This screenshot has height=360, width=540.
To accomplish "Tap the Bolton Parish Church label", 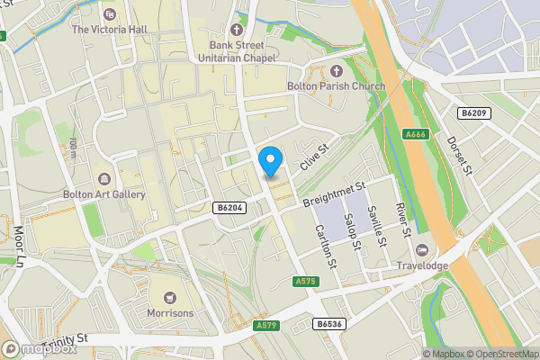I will (336, 86).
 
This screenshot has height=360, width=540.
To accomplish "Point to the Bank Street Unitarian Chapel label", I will (238, 49).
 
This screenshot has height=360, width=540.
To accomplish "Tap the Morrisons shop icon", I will (168, 296).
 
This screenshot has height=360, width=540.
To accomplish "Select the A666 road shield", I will (415, 135).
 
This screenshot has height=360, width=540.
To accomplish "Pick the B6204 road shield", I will (229, 208).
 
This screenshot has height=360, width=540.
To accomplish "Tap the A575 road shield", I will (307, 282).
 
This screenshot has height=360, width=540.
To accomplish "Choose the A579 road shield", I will (265, 325).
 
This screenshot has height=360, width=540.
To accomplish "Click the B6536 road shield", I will (328, 323).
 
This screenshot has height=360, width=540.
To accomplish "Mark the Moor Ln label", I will (20, 246).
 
